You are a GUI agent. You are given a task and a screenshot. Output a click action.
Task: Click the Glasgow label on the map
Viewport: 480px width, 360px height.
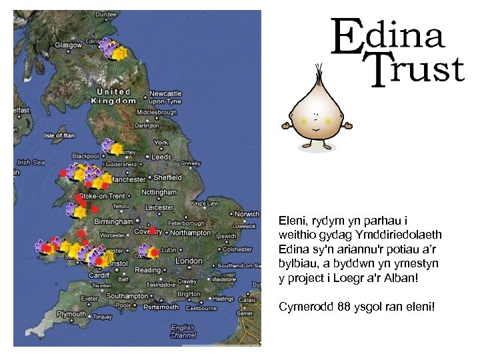(69, 45)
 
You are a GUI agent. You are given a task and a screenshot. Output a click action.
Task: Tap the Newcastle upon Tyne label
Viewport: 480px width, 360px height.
(165, 97)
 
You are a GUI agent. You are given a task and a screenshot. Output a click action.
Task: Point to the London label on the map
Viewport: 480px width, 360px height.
(189, 261)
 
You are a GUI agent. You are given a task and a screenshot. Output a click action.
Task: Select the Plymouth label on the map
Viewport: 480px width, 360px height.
(71, 314)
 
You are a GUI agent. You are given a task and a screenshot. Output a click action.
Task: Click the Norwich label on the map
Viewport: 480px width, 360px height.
(247, 214)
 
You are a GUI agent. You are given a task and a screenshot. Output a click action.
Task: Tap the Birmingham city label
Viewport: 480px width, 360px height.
(113, 221)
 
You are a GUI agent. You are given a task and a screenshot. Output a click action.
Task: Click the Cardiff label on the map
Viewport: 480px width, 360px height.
(99, 275)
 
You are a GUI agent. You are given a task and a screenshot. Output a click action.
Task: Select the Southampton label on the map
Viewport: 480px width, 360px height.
(127, 295)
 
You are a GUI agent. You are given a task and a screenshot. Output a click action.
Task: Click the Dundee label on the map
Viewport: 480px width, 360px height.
(87, 14)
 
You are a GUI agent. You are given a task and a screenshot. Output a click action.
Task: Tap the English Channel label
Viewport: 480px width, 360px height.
(183, 331)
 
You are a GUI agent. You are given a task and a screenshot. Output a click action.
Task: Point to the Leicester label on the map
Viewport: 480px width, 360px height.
(159, 207)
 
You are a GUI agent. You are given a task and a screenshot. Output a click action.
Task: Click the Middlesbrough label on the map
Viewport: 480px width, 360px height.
(157, 113)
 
